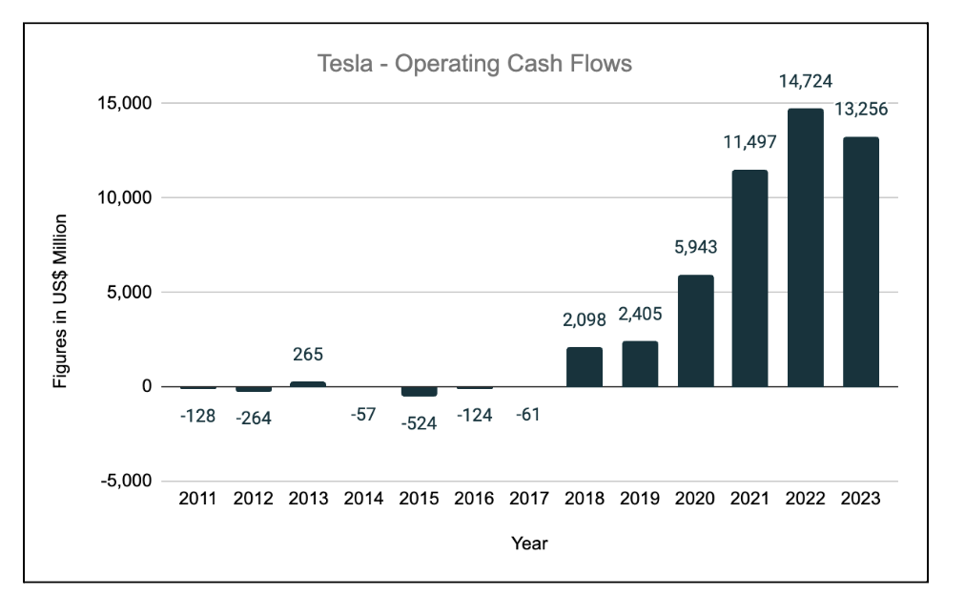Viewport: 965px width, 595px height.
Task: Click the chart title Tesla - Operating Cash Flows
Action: tap(474, 64)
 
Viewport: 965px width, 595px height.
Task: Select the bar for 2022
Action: tap(806, 248)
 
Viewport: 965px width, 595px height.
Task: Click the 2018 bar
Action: tap(585, 367)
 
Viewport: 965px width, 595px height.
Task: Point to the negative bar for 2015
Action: tap(419, 391)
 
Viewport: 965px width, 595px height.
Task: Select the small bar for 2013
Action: tap(308, 383)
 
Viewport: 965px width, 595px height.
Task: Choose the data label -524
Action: tap(419, 423)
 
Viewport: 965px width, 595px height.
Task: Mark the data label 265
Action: tap(308, 355)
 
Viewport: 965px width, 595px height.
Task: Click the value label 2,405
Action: tap(640, 314)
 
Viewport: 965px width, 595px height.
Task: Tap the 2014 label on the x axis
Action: tap(363, 499)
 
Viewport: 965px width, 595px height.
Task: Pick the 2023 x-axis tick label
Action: tap(861, 499)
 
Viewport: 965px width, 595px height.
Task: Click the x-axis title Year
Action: tap(529, 544)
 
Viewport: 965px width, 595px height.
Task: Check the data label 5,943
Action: tap(695, 248)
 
